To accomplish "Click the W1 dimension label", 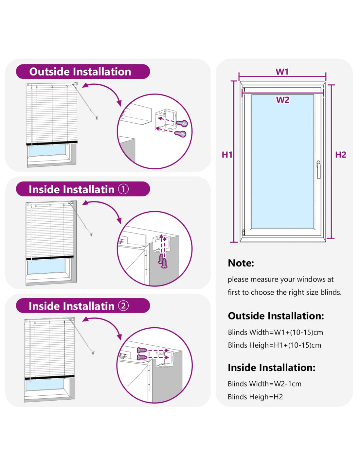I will pos(282,72).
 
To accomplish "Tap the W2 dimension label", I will pos(283,100).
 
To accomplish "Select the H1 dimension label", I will pos(227,155).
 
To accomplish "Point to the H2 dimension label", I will pos(340,155).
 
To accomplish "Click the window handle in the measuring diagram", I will pos(318,169).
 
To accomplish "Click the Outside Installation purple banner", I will pos(83,72).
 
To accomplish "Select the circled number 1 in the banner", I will pos(123,189).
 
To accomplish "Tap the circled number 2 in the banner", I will pos(123,306).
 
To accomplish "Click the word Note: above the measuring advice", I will pos(241,263).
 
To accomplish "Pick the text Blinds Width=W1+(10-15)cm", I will pos(275,332).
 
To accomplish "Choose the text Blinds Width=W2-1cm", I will pos(264,384).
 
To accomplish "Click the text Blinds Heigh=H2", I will pos(255,397).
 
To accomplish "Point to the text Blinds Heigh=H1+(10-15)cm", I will pos(274,345).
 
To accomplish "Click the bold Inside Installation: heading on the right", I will pos(271,368).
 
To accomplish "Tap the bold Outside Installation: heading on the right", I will pos(276,316).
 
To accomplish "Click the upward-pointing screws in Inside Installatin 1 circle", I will pos(163,261).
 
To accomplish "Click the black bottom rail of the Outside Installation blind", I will pos(52,143).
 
